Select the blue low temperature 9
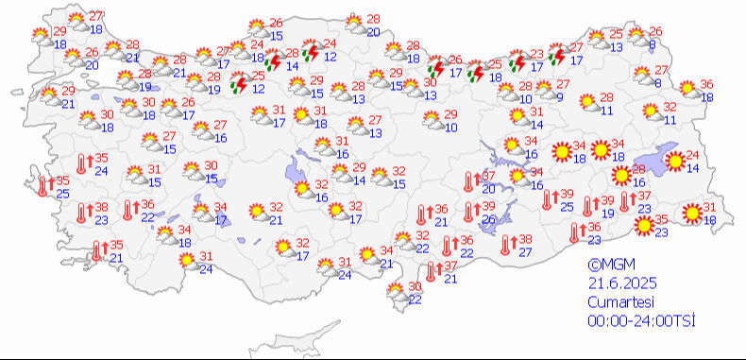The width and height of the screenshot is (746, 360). coord(560,96)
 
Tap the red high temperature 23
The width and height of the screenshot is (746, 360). coord(536,54)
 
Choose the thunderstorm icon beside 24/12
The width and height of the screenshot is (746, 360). coord(309,53)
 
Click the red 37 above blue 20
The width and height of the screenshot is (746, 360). coord(488,177)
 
